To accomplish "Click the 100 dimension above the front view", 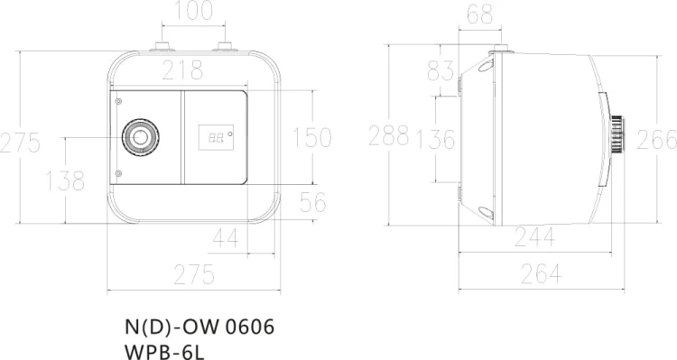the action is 193,10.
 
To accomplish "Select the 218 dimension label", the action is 182,70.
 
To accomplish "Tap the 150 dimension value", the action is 312,137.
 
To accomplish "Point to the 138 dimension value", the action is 65,180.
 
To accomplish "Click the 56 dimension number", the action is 313,202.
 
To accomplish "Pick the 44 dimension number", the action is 226,237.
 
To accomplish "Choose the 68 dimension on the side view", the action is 479,14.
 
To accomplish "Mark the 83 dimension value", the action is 441,70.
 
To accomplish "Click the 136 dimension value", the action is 435,139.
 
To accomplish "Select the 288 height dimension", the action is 388,135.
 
